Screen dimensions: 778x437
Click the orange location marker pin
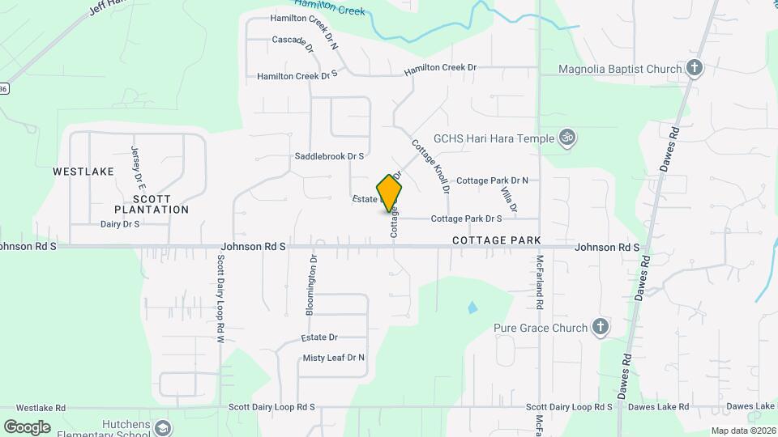click(x=390, y=193)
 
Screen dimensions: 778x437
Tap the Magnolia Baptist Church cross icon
click(x=694, y=69)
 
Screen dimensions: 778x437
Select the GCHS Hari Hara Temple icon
click(x=568, y=138)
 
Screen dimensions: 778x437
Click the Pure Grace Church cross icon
click(x=600, y=328)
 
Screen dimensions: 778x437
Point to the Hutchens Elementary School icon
click(x=164, y=427)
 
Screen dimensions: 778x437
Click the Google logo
click(x=27, y=427)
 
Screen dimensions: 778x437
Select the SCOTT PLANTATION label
click(x=152, y=204)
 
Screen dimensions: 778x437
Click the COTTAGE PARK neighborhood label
click(x=496, y=241)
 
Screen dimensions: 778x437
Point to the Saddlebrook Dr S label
click(x=329, y=156)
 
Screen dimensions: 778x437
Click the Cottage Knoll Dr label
click(x=430, y=167)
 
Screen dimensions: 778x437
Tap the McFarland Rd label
click(x=539, y=283)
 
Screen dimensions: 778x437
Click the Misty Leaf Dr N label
click(x=333, y=358)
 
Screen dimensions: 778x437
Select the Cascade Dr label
click(x=293, y=40)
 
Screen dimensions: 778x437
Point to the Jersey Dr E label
click(x=136, y=164)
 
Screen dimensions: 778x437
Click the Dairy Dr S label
click(x=120, y=223)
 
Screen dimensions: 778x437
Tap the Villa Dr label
click(x=508, y=198)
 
